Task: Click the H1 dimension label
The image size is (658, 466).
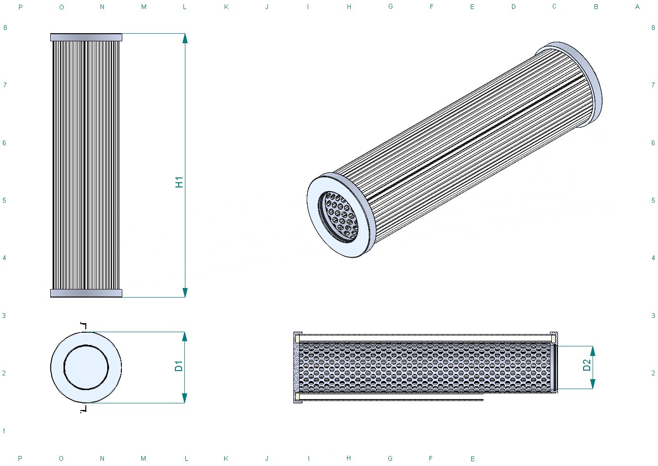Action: coord(179,182)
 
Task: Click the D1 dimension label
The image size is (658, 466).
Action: coord(179,366)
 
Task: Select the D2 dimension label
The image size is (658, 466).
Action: coord(586,365)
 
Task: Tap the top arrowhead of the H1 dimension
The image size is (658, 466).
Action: coord(185,38)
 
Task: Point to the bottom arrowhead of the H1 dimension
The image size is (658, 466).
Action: coord(185,292)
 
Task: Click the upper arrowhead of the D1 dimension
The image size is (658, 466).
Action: coord(184,337)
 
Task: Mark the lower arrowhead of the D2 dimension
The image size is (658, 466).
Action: coord(593,384)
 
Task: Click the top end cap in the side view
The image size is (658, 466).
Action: coord(86,37)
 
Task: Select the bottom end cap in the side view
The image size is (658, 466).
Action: coord(86,293)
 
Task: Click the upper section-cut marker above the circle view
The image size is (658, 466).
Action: coord(84,326)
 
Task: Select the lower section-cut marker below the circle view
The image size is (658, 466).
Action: coord(84,409)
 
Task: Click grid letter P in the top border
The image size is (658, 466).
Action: coord(20,7)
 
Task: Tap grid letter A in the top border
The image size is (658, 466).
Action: coord(637,7)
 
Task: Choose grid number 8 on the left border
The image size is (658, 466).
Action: coord(5,28)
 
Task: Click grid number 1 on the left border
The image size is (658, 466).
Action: coord(4,431)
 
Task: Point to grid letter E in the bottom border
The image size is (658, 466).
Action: coord(473,459)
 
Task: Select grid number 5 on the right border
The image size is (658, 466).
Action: coord(653,200)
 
